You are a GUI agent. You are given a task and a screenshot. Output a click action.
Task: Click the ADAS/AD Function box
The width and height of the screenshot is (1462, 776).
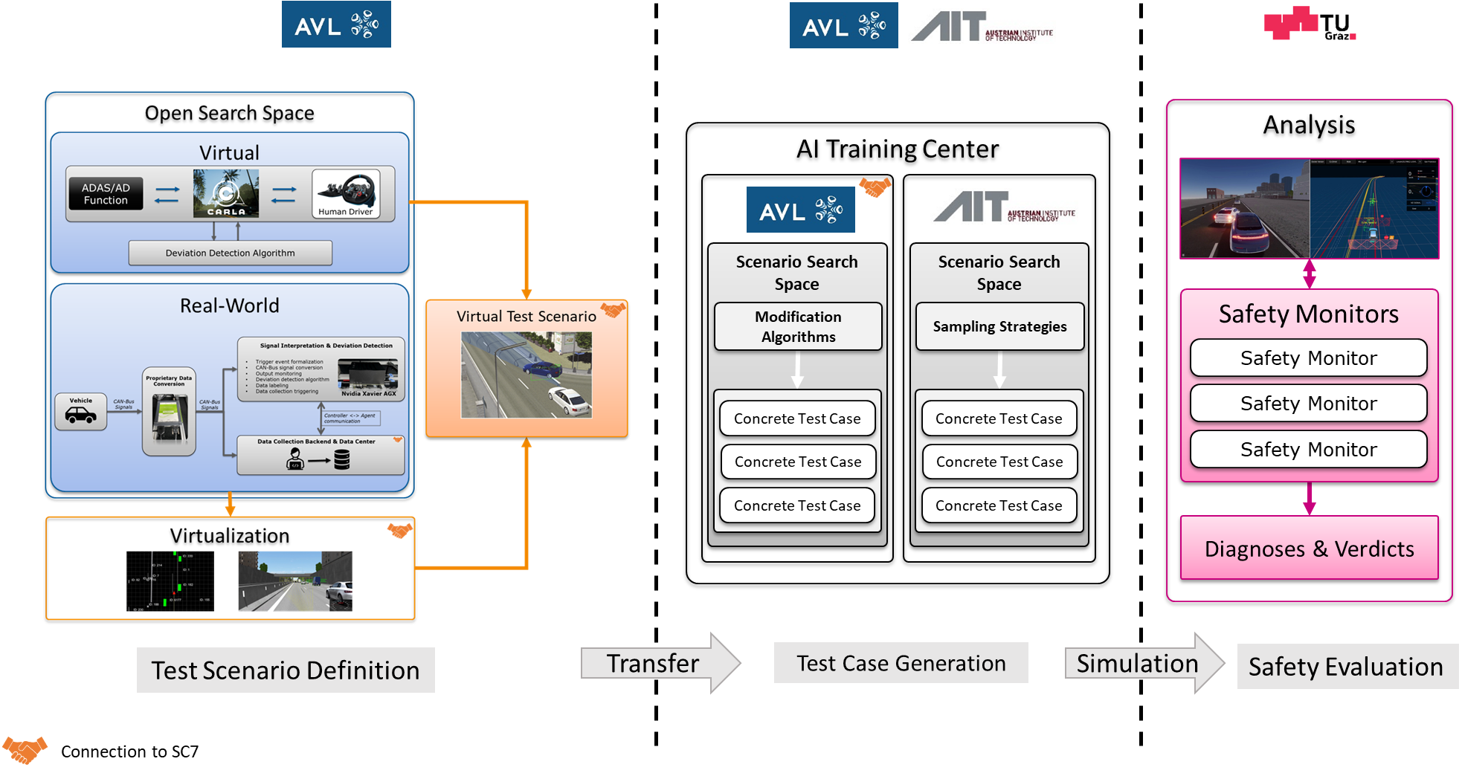106,194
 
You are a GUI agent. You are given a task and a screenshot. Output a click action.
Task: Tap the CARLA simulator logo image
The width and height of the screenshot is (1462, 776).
226,193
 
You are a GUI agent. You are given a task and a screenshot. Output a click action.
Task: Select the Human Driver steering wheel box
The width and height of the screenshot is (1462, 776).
346,194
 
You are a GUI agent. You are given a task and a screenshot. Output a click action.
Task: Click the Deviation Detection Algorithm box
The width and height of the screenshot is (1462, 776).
230,253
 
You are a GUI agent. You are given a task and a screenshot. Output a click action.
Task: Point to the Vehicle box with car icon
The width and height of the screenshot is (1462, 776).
81,412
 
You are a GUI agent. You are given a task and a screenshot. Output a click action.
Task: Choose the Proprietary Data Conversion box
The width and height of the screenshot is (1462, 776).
169,411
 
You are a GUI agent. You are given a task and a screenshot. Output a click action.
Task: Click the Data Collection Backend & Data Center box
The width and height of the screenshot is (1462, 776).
321,455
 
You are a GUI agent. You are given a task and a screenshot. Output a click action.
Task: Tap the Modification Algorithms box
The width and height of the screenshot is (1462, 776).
798,326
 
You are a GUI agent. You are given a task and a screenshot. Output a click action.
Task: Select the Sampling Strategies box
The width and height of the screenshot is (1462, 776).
999,326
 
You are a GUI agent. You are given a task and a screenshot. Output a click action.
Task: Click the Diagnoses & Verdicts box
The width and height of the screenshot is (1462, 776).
1309,549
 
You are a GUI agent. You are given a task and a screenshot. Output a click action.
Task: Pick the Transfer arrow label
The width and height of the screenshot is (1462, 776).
653,663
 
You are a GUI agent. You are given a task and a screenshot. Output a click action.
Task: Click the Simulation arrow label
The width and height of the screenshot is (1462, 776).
1137,663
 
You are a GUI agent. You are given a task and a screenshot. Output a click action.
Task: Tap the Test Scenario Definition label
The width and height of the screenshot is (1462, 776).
286,670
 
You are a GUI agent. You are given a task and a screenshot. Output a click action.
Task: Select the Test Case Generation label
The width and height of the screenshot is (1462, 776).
901,663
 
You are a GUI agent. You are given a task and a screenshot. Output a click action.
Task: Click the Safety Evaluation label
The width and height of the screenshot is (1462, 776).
1345,667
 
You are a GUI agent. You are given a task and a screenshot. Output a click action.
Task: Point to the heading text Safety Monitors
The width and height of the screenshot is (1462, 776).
1308,314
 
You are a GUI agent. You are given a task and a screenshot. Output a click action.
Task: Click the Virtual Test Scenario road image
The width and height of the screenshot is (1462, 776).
526,375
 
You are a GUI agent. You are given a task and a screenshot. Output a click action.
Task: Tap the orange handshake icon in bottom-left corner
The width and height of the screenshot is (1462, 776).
25,749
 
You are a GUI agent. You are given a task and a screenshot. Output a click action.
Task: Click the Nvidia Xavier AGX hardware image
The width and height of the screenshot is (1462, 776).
367,374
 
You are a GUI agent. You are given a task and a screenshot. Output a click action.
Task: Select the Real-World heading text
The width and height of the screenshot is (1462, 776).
229,305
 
